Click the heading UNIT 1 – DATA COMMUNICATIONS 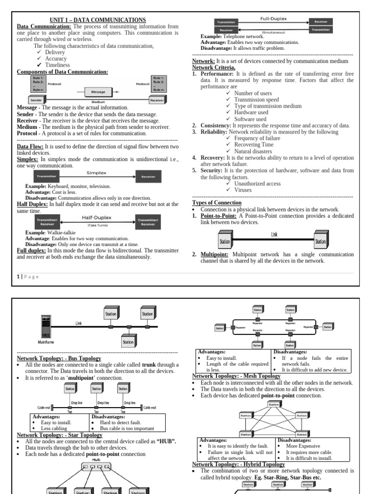pyautogui.click(x=98, y=20)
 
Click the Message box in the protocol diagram pyautogui.click(x=99, y=91)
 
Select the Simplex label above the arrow pyautogui.click(x=97, y=172)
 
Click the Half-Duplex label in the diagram pyautogui.click(x=97, y=218)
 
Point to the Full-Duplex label pyautogui.click(x=273, y=19)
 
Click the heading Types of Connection pyautogui.click(x=217, y=203)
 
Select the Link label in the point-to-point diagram pyautogui.click(x=274, y=234)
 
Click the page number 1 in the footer pyautogui.click(x=18, y=276)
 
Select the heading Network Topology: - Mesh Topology pyautogui.click(x=236, y=376)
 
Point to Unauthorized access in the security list pyautogui.click(x=257, y=184)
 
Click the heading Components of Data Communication pyautogui.click(x=62, y=72)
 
